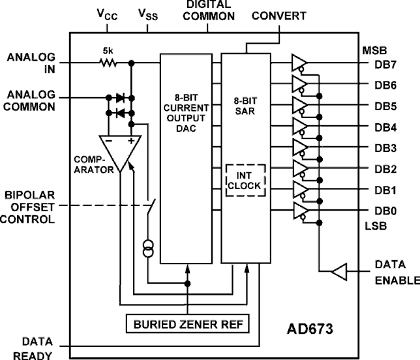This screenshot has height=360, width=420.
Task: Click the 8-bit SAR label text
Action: (244, 108)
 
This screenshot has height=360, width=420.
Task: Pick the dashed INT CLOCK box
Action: (244, 181)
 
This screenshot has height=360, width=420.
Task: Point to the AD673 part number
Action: (310, 327)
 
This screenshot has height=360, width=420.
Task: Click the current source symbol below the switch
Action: (149, 249)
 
